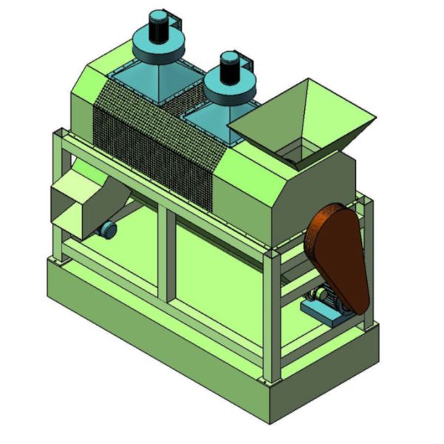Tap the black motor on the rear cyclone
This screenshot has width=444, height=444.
[x=158, y=27]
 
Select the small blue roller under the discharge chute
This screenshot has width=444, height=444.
[x=109, y=230]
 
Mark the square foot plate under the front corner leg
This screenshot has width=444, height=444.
[x=272, y=382]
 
